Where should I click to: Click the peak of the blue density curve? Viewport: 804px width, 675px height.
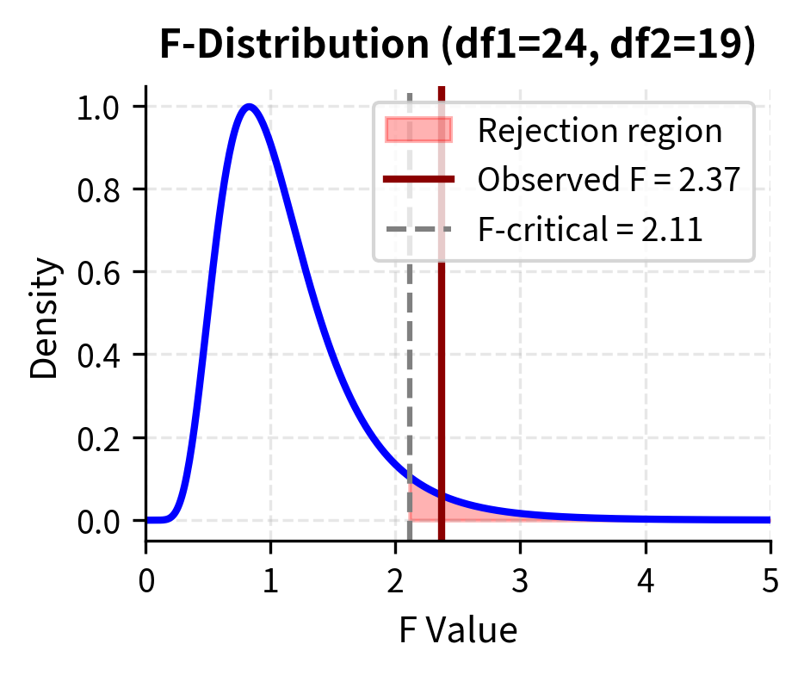(250, 107)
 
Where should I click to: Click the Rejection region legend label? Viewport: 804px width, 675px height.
(599, 131)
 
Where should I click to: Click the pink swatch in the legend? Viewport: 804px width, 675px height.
(419, 131)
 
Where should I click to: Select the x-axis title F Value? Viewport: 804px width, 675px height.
(458, 631)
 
